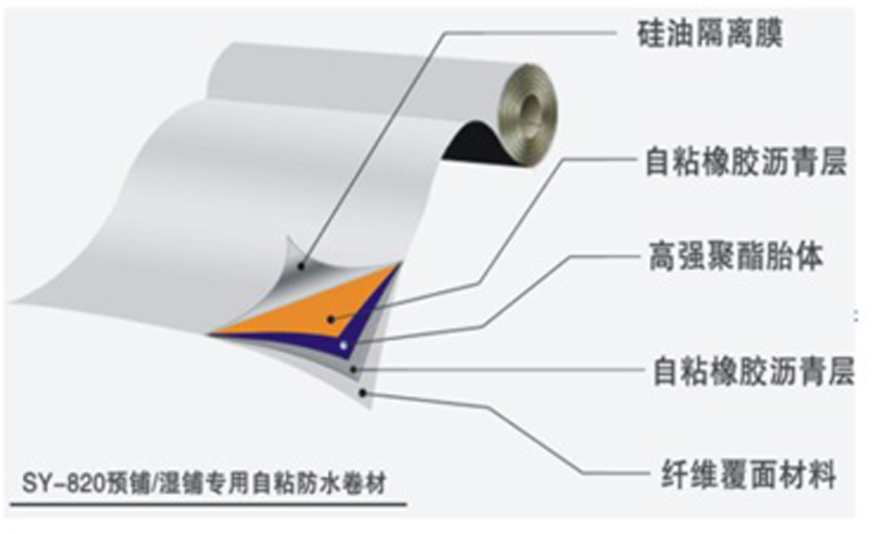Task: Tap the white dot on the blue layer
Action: [345, 345]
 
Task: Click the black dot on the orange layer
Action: [330, 319]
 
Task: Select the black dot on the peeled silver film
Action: [301, 265]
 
